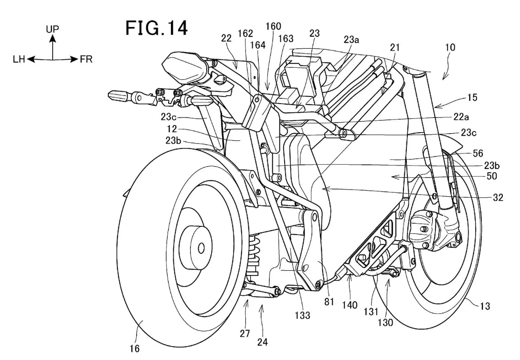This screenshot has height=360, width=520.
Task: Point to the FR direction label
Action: [86, 60]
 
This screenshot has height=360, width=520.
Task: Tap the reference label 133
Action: [302, 315]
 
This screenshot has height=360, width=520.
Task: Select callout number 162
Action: [245, 34]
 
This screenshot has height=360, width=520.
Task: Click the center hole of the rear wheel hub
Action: [201, 248]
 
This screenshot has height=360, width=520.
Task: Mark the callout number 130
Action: [386, 323]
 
